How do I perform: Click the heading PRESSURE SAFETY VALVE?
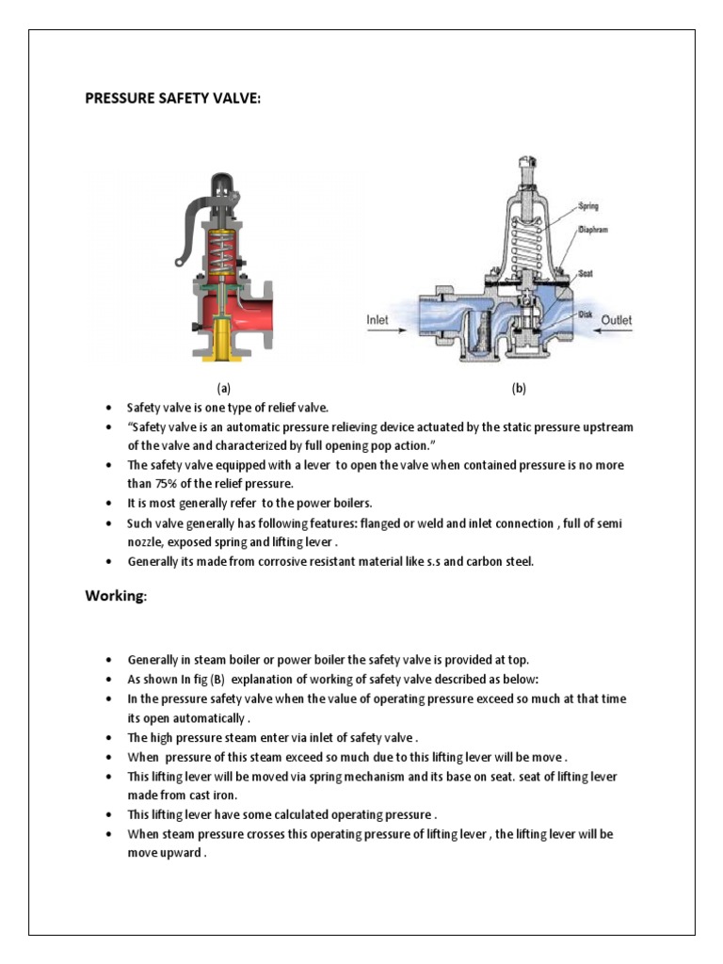point(171,99)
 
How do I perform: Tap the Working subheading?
point(117,596)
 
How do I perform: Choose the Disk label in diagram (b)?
point(585,315)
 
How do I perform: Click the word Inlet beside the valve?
point(377,320)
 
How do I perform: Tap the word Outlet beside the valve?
point(617,320)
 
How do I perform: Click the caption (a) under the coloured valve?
point(223,388)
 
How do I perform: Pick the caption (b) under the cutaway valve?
point(518,388)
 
